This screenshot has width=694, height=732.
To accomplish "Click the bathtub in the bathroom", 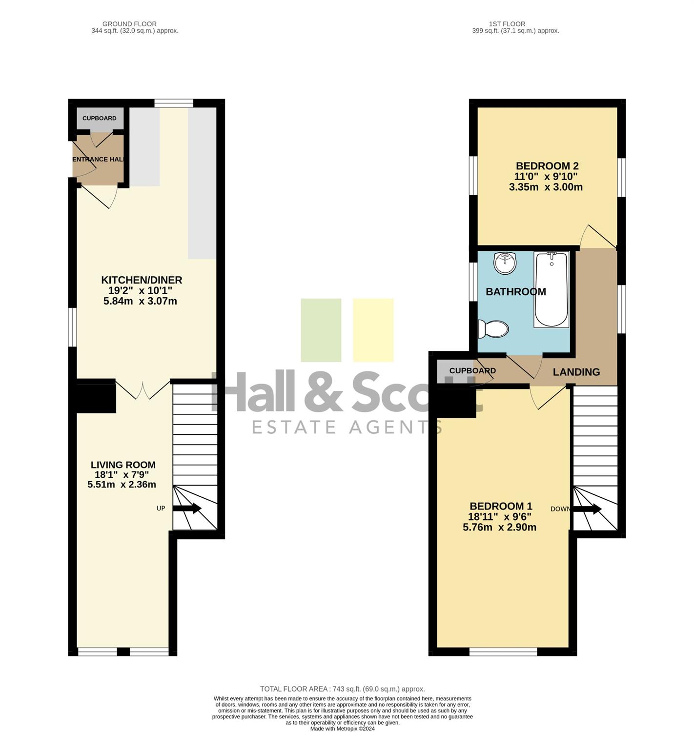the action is (x=551, y=289).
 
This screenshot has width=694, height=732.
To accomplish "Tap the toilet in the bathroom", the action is (x=493, y=329).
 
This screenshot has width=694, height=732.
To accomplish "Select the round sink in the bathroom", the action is (x=505, y=263).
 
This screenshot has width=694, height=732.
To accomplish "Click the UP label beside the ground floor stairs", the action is (x=161, y=508).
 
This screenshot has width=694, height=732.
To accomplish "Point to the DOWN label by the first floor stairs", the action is (x=560, y=508).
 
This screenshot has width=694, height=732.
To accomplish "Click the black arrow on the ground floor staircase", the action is (x=187, y=508).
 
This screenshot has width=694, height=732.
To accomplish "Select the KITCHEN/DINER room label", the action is (x=142, y=280).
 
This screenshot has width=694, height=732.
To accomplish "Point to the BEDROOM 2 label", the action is (x=547, y=166).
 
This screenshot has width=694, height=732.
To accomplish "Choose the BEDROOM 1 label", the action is (x=501, y=506).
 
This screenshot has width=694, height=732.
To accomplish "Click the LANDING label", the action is (x=576, y=371).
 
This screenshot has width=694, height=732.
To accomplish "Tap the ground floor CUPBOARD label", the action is (x=99, y=118).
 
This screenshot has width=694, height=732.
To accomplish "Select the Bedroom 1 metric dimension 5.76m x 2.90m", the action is (x=499, y=527).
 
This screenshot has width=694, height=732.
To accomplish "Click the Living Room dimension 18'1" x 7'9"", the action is (x=122, y=474).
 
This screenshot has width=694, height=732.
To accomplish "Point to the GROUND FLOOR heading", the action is (x=129, y=24).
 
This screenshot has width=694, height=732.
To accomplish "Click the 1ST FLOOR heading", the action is (x=507, y=24).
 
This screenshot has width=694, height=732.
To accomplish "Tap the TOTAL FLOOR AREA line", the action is (x=342, y=689).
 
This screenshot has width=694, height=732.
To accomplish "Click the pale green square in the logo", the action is (x=321, y=330).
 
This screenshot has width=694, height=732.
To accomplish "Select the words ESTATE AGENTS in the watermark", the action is (x=347, y=427).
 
